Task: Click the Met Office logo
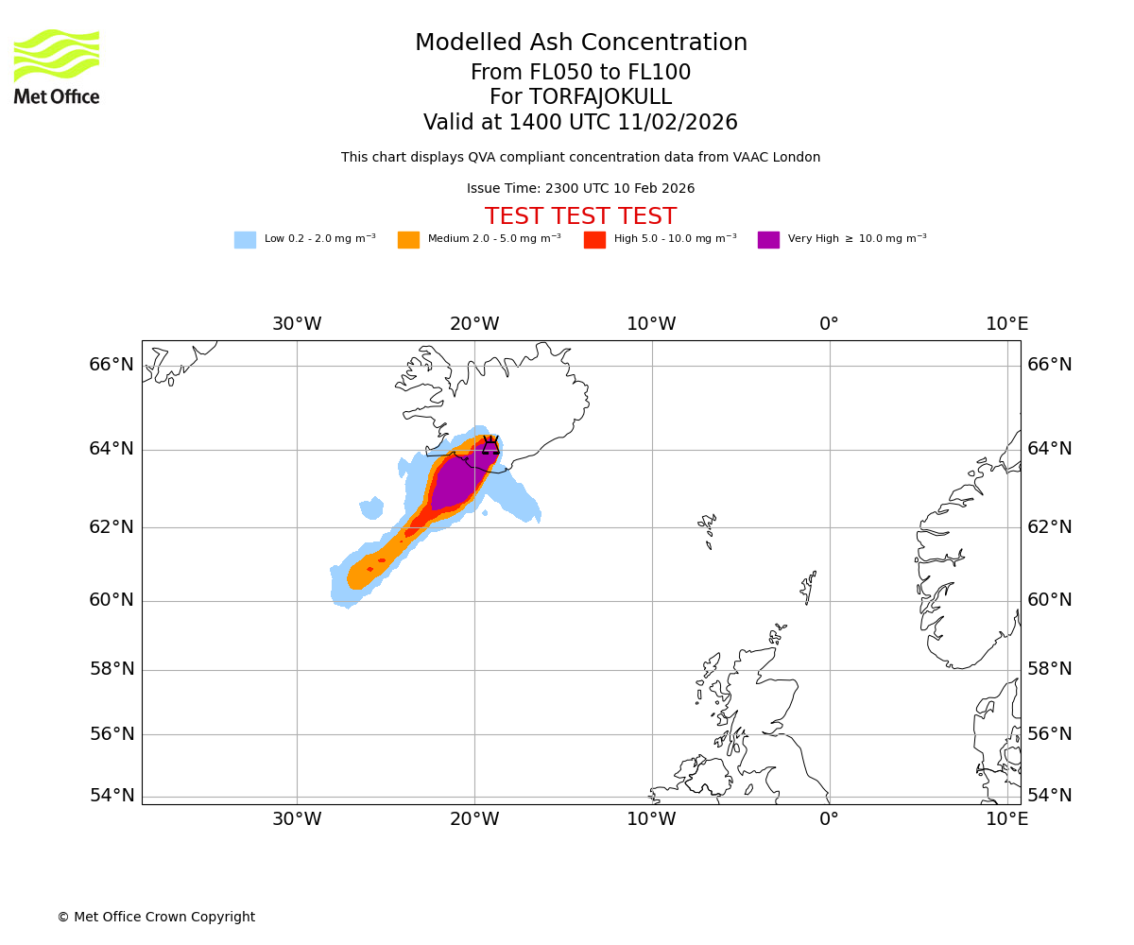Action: coord(57,66)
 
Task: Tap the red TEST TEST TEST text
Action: coord(580,216)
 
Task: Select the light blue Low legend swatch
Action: coord(245,239)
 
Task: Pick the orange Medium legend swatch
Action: coord(408,239)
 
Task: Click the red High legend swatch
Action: coord(594,239)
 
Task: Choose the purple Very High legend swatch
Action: coord(768,239)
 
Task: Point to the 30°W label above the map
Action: coord(297,324)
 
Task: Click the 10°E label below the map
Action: coord(1006,819)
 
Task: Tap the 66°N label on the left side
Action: coord(112,365)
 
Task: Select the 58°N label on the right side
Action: coord(1050,669)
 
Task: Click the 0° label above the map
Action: coord(829,324)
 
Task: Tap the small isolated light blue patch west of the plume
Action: coord(371,508)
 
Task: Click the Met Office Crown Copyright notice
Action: coord(156,917)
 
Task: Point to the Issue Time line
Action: coord(580,189)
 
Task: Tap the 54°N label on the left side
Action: coord(112,796)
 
